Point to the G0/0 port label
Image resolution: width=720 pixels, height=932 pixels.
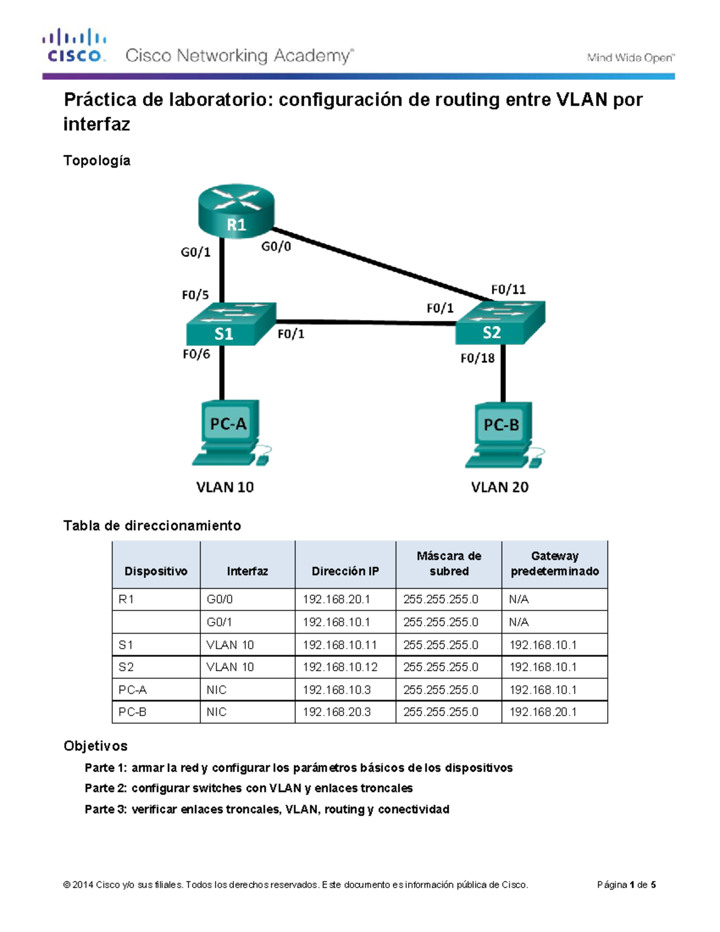click(x=276, y=246)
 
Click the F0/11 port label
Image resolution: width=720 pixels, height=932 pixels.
click(x=508, y=289)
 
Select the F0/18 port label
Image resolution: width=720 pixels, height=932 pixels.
click(x=477, y=358)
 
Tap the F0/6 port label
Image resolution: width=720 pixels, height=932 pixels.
click(x=196, y=354)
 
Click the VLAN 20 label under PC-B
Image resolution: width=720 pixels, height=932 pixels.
click(x=499, y=487)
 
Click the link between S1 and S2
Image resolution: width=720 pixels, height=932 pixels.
click(x=366, y=322)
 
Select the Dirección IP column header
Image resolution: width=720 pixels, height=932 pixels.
click(x=345, y=571)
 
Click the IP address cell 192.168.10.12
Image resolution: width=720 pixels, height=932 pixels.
click(x=340, y=667)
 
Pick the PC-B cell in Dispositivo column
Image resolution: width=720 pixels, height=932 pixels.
click(x=133, y=712)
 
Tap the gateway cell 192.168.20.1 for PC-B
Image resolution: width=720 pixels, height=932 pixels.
click(x=543, y=712)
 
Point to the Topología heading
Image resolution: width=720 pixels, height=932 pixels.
click(x=97, y=160)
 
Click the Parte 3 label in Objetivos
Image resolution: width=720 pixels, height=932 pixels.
click(x=106, y=809)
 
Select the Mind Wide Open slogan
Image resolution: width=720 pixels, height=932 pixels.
click(x=630, y=58)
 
